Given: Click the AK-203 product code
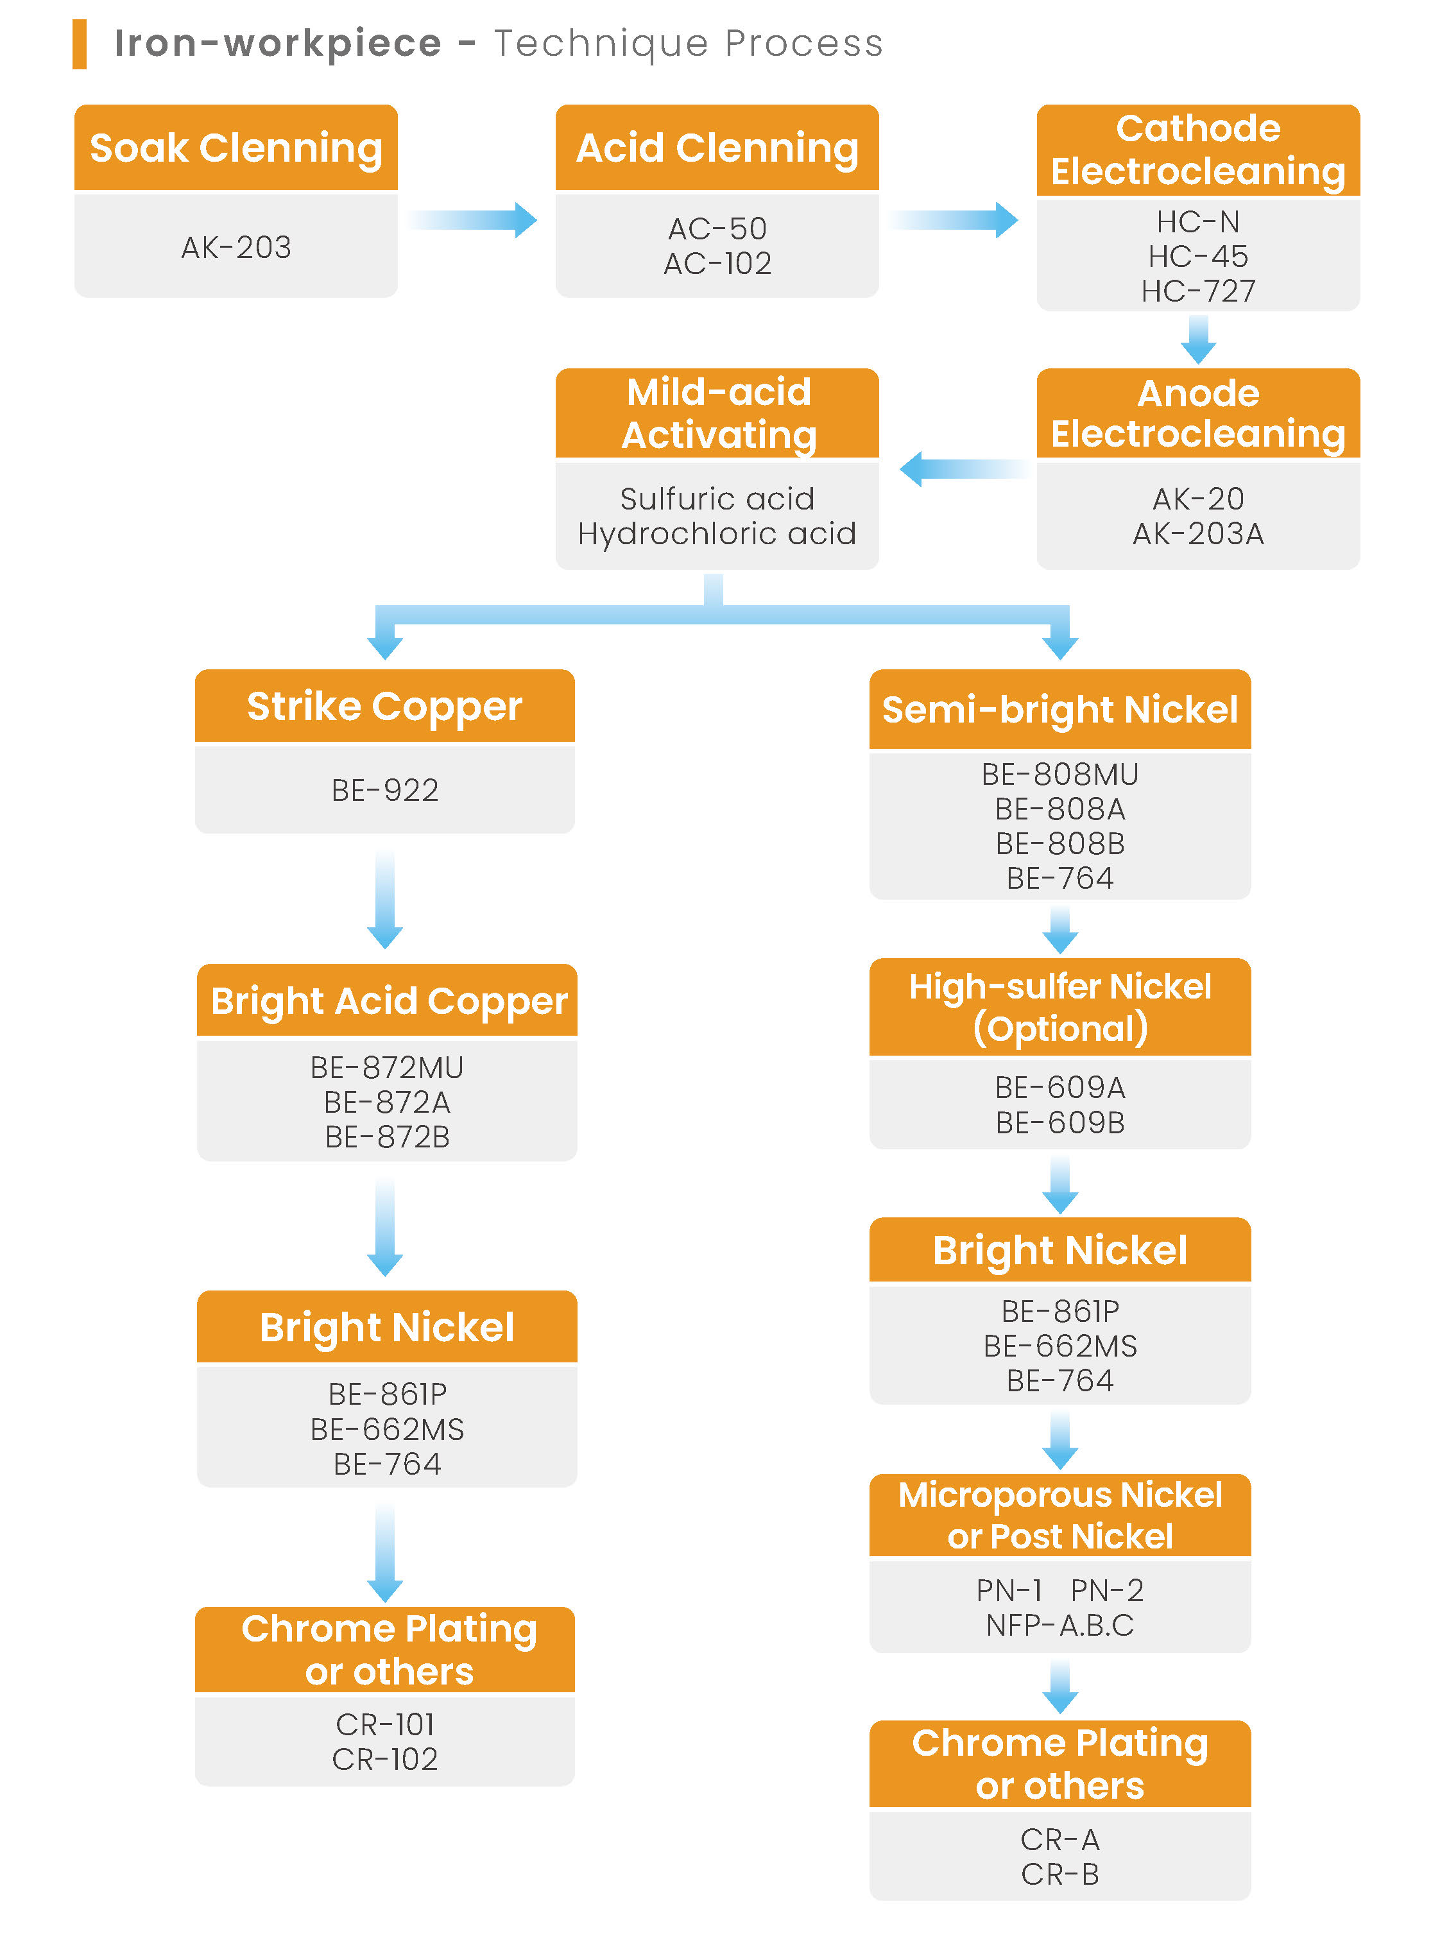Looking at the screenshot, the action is [236, 247].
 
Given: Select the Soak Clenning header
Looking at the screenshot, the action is [236, 147].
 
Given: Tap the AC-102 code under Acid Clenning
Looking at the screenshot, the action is [717, 263].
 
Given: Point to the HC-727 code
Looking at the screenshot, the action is [1197, 290].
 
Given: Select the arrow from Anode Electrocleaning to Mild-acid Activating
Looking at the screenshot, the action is [964, 468].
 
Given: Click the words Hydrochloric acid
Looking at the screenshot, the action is [717, 533].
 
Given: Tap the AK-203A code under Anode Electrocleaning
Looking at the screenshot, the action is [1197, 533].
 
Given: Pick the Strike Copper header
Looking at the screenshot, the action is [384, 706].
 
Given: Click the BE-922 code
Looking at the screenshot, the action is [384, 790].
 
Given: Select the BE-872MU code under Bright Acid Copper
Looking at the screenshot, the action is [386, 1067].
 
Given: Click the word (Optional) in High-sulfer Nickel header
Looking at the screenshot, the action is [1060, 1029].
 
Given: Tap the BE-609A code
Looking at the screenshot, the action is [1060, 1087].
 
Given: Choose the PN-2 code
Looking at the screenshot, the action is [1106, 1590].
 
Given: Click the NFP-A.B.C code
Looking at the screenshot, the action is [1060, 1625].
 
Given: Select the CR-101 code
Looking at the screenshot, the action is [384, 1724].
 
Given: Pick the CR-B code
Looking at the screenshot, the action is [1060, 1874].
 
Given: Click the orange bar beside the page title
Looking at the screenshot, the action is [79, 44].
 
